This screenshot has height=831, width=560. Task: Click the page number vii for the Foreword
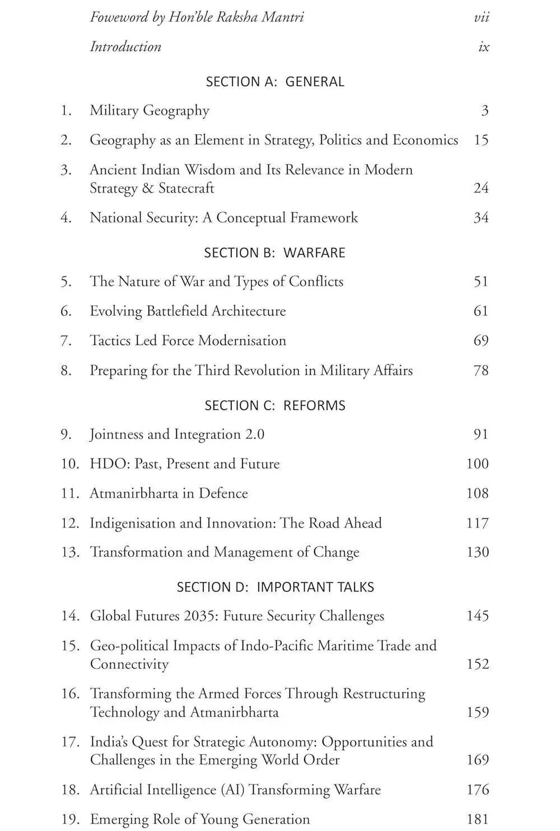click(481, 17)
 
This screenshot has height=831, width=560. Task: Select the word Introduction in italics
click(125, 46)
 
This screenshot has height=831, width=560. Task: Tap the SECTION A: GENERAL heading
click(275, 82)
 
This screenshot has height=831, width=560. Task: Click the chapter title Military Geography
click(150, 110)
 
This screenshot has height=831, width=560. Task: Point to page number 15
click(480, 140)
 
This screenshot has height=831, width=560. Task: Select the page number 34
click(480, 218)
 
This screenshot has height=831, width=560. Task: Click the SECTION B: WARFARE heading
click(274, 253)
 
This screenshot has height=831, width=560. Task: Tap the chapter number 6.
click(66, 311)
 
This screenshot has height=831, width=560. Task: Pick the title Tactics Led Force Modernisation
click(188, 340)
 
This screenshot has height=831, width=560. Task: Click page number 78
click(480, 371)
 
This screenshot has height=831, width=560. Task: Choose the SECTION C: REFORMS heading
click(275, 405)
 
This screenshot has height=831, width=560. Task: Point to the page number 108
click(477, 493)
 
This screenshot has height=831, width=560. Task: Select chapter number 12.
click(70, 523)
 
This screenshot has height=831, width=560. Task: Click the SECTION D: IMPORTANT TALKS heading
click(275, 587)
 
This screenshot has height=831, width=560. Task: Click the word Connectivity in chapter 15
click(129, 664)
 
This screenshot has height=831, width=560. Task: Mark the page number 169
click(477, 760)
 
